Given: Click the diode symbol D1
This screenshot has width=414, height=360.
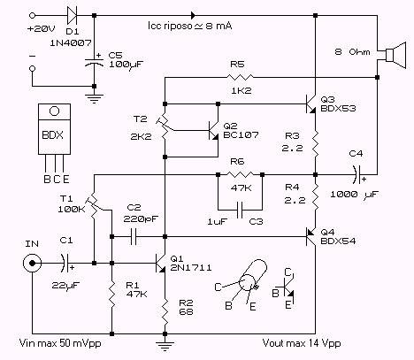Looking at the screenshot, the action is pyautogui.click(x=72, y=15).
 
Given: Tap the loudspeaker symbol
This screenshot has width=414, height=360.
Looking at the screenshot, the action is pyautogui.click(x=395, y=55).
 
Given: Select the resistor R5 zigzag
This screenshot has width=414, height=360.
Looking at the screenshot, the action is pyautogui.click(x=240, y=77).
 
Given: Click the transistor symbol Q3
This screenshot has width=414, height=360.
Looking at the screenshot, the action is pyautogui.click(x=310, y=104).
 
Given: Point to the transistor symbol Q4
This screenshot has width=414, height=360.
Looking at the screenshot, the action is pyautogui.click(x=310, y=236).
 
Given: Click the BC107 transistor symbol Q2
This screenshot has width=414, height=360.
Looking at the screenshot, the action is pyautogui.click(x=213, y=130).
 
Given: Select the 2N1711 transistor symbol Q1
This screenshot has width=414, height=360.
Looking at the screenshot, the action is pyautogui.click(x=160, y=263).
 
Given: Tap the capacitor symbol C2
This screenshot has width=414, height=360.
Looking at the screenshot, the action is pyautogui.click(x=134, y=236).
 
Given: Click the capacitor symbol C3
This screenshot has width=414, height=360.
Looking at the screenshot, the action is pyautogui.click(x=240, y=210).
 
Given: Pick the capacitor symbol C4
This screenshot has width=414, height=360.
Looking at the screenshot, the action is pyautogui.click(x=358, y=174).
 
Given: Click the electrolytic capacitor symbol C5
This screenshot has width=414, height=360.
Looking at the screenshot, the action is pyautogui.click(x=94, y=62).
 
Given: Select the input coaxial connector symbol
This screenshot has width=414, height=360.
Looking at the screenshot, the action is pyautogui.click(x=32, y=263).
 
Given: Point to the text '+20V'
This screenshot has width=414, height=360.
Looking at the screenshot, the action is pyautogui.click(x=41, y=29).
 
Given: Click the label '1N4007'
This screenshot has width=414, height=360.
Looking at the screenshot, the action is pyautogui.click(x=71, y=43).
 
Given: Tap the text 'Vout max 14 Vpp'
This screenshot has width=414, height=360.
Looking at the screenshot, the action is pyautogui.click(x=302, y=343).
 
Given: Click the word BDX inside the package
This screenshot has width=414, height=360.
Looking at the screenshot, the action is pyautogui.click(x=53, y=135).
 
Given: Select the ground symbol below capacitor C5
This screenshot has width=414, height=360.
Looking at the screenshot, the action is pyautogui.click(x=94, y=99).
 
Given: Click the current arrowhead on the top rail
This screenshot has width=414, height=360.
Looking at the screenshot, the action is pyautogui.click(x=193, y=15).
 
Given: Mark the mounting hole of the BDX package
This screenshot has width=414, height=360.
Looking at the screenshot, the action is pyautogui.click(x=54, y=111).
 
